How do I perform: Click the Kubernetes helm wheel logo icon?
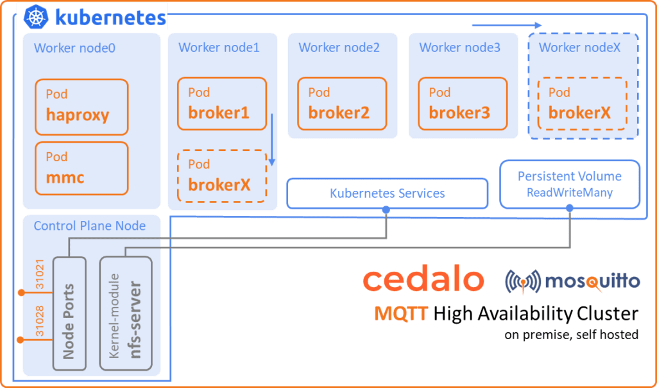tap(37, 17)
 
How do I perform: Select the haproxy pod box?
tap(81, 107)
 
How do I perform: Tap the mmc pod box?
tap(81, 168)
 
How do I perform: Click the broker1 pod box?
tap(222, 104)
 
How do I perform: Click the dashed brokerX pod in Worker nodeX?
tap(582, 104)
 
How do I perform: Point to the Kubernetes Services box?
tap(387, 193)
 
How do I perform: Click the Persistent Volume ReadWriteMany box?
tap(570, 184)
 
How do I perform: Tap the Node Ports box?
tap(69, 313)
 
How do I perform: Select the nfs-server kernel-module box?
tap(125, 313)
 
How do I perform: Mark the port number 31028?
tap(40, 322)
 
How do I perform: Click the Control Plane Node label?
tap(89, 226)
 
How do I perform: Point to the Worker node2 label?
tap(339, 48)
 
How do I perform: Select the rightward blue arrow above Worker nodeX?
tap(507, 26)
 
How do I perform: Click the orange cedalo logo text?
tap(423, 281)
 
